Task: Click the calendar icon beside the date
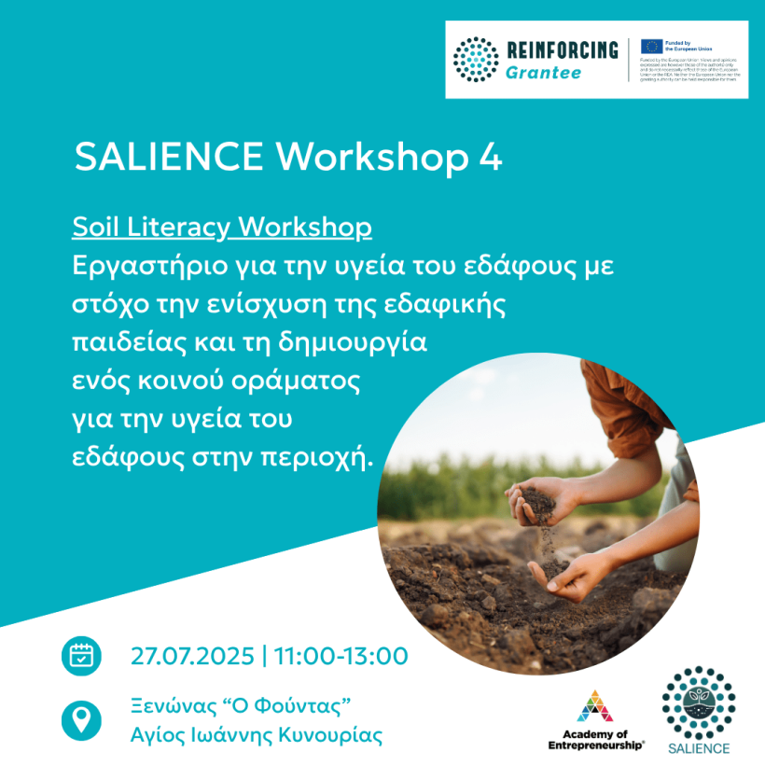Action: click(x=81, y=656)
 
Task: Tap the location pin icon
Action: click(x=81, y=719)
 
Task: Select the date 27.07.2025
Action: click(x=192, y=656)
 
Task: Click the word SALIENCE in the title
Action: click(x=170, y=157)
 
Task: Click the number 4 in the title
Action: click(x=490, y=157)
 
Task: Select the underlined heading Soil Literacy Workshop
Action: click(x=222, y=228)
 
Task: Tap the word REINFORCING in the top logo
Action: click(x=562, y=50)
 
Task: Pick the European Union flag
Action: click(x=651, y=46)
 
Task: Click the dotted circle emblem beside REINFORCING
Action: click(x=477, y=60)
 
